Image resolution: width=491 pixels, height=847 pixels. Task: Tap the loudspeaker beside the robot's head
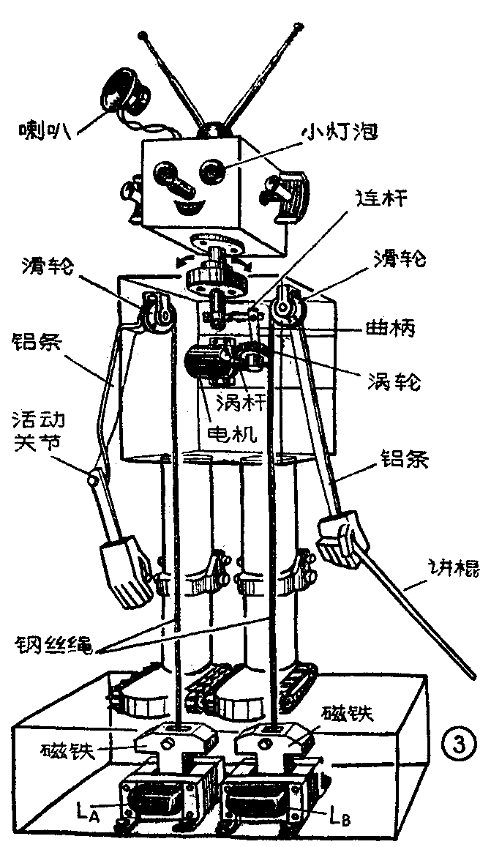[x=122, y=91]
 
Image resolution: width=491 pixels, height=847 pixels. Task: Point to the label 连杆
[x=381, y=198]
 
